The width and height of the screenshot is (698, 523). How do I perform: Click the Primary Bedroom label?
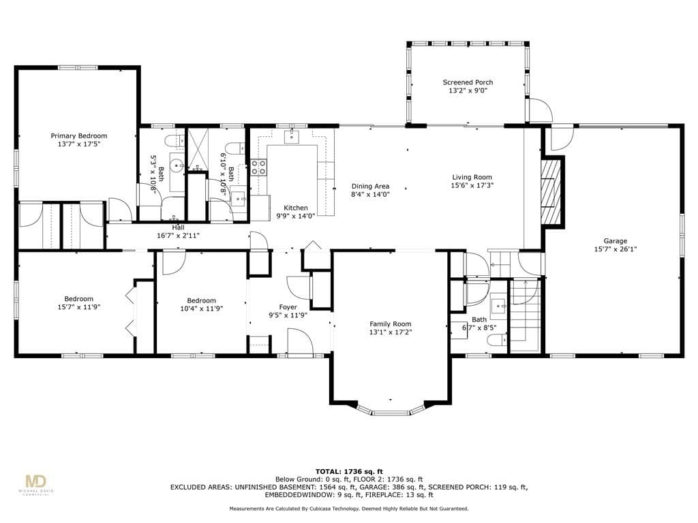pyautogui.click(x=79, y=136)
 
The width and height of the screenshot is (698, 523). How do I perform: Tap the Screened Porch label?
pyautogui.click(x=468, y=82)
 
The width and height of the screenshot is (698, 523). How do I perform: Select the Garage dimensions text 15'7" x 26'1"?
pyautogui.click(x=616, y=249)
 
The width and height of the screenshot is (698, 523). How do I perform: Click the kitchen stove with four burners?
pyautogui.click(x=258, y=168)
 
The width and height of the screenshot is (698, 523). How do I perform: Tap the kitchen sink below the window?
pyautogui.click(x=292, y=136)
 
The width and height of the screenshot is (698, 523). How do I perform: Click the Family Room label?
pyautogui.click(x=391, y=324)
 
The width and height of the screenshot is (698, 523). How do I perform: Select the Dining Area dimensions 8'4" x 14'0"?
pyautogui.click(x=370, y=194)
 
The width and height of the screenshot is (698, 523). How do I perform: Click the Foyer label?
pyautogui.click(x=288, y=307)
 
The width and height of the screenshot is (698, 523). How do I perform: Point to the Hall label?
pyautogui.click(x=178, y=227)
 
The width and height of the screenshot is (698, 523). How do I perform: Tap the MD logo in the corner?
pyautogui.click(x=35, y=482)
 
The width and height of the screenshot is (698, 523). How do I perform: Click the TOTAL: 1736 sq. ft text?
pyautogui.click(x=349, y=471)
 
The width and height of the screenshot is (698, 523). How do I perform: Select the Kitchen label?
pyautogui.click(x=296, y=208)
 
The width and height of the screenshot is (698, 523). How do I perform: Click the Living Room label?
pyautogui.click(x=472, y=177)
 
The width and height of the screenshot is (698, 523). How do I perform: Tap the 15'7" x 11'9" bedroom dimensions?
pyautogui.click(x=79, y=307)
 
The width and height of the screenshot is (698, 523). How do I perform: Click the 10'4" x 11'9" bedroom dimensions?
pyautogui.click(x=202, y=308)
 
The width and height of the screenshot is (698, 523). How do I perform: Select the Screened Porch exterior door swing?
pyautogui.click(x=540, y=110)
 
